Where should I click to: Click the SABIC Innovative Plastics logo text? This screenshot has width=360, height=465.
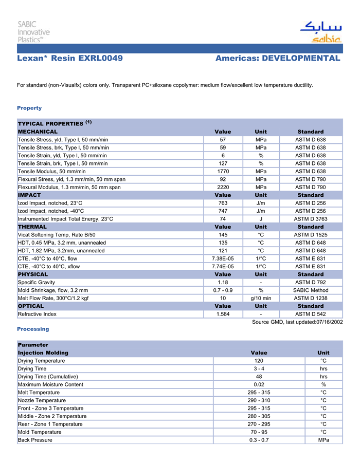tap(33, 31)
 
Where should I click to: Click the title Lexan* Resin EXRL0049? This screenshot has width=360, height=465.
tap(70, 59)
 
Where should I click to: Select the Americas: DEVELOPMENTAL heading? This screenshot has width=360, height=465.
tap(278, 59)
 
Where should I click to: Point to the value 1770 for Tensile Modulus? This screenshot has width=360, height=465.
tap(223, 171)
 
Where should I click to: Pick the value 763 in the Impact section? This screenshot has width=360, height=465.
tap(223, 203)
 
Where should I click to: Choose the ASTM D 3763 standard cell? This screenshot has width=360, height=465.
tap(311, 219)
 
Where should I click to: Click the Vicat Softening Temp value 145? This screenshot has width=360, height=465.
tap(223, 235)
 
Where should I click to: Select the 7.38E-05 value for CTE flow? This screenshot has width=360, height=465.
tap(223, 258)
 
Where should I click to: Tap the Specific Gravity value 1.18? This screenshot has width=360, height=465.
tap(223, 282)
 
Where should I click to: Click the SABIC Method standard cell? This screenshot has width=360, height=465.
tap(311, 290)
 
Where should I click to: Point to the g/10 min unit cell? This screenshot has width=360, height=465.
tap(261, 298)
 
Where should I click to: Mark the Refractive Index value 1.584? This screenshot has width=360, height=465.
tap(223, 314)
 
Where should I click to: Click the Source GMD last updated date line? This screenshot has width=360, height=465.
tap(297, 322)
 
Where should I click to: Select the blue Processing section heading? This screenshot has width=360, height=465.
tap(33, 329)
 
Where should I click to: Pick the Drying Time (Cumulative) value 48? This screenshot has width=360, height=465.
tap(259, 377)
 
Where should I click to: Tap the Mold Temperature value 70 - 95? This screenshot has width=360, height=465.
tap(259, 432)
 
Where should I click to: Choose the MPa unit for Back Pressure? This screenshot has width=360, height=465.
tap(323, 440)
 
